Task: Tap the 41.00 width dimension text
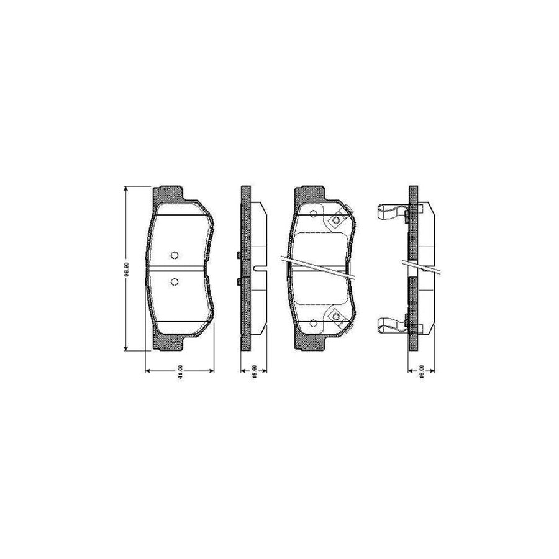pyautogui.click(x=180, y=379)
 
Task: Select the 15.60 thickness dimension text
pyautogui.click(x=253, y=378)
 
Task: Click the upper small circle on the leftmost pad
pyautogui.click(x=175, y=255)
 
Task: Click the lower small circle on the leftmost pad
pyautogui.click(x=175, y=283)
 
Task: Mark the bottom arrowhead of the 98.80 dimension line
pyautogui.click(x=126, y=348)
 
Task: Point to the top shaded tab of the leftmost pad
pyautogui.click(x=171, y=194)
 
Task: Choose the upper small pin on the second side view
pyautogui.click(x=239, y=255)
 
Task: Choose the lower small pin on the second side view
pyautogui.click(x=239, y=283)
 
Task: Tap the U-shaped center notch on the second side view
pyautogui.click(x=260, y=268)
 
